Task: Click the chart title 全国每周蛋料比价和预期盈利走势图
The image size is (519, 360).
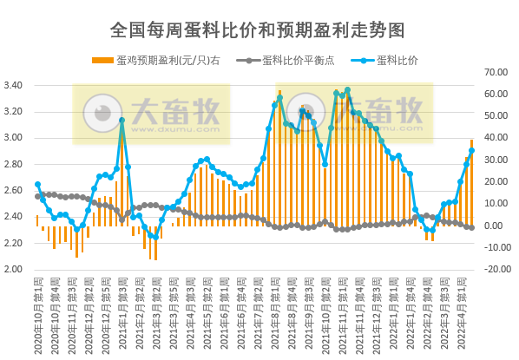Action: (258, 29)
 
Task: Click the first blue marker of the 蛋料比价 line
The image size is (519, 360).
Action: (37, 184)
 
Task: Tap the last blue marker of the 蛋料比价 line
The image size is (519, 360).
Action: (471, 150)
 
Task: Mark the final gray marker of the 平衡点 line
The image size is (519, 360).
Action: (471, 227)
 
